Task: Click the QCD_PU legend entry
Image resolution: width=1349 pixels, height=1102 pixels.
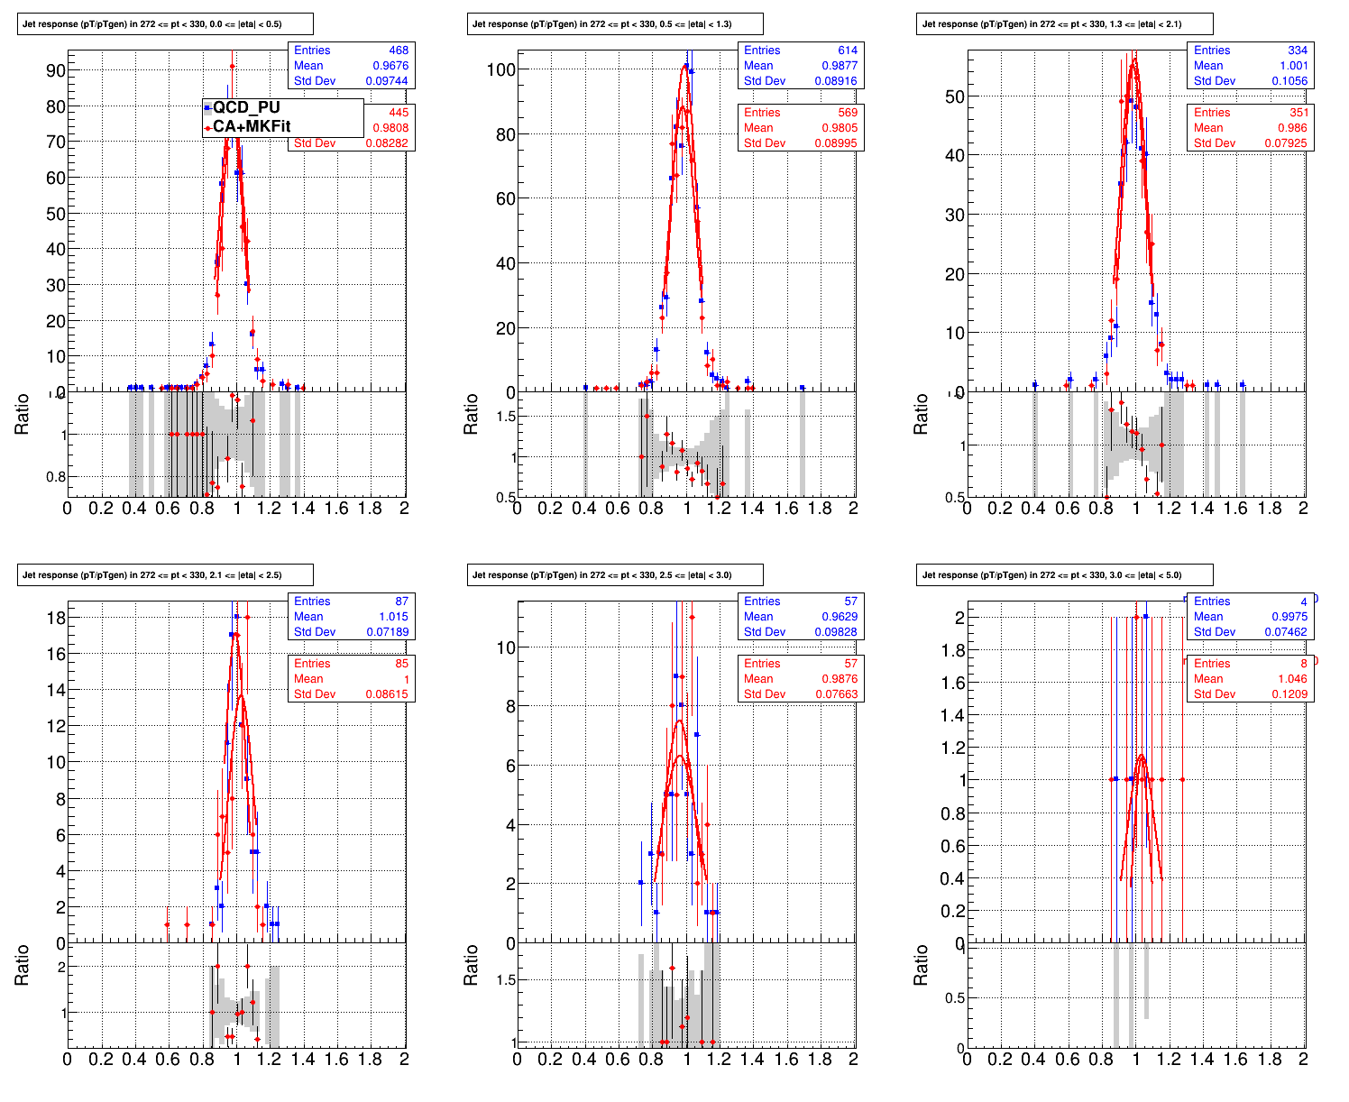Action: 246,107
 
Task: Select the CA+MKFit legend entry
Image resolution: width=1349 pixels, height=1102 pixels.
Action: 251,127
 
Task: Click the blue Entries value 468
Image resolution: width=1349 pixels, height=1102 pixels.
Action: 399,51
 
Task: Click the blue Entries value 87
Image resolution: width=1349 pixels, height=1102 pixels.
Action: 401,602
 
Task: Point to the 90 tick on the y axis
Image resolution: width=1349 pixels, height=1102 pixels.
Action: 56,70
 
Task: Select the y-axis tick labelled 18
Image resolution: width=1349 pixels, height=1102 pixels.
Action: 56,618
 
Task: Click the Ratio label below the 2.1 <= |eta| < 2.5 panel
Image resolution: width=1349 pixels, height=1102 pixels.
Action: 22,965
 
